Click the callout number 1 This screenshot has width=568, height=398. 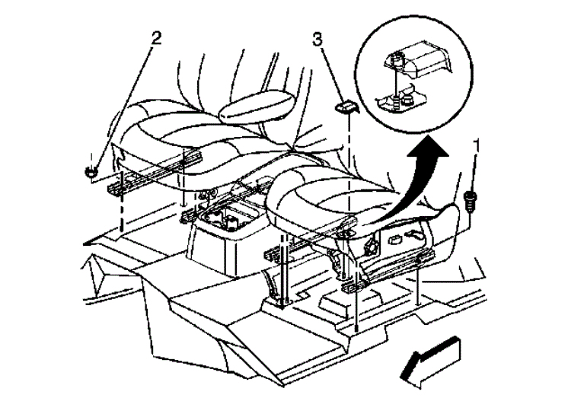477,144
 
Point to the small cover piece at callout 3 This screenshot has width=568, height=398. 346,106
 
